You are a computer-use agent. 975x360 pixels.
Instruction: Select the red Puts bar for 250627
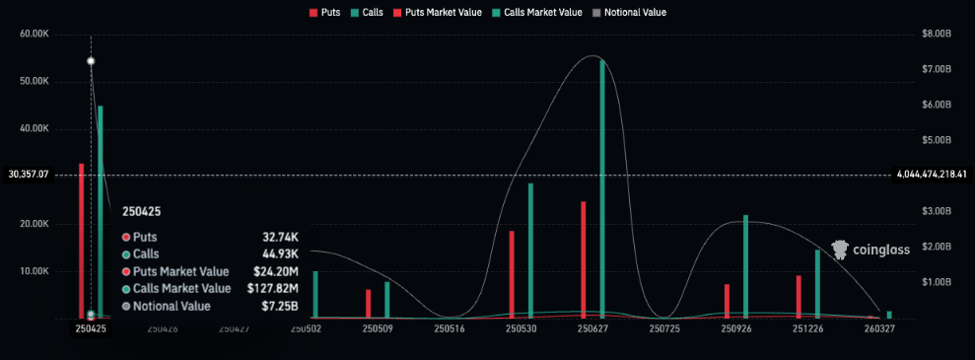584,259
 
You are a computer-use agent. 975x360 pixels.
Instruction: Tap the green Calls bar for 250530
530,251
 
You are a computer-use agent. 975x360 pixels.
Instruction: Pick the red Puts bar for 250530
512,274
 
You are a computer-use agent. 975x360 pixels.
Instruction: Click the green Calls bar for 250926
745,266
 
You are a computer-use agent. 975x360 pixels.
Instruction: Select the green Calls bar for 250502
315,295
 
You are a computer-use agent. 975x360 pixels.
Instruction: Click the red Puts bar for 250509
368,304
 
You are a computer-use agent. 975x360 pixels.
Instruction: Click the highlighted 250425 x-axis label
91,328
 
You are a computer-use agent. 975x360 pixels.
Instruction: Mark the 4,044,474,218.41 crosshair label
932,175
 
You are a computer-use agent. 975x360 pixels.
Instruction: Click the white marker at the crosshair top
91,61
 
